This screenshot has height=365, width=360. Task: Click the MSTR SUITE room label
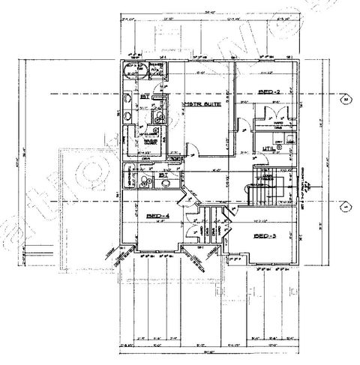pos(202,106)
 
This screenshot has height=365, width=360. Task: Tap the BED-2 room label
pos(269,91)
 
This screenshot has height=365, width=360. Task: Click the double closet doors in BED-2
pos(268,112)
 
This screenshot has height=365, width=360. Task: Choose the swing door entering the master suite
pos(193,149)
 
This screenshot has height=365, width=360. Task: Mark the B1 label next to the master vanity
pos(144,96)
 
